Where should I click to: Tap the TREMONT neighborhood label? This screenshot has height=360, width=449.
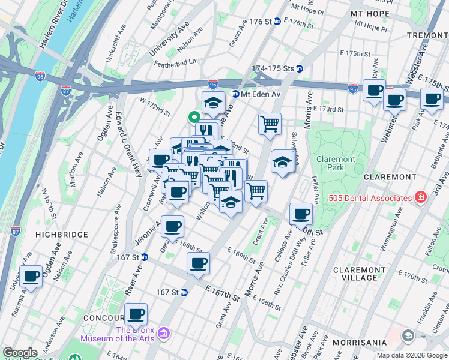click(427, 35)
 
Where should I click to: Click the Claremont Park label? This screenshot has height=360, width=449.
click(337, 164)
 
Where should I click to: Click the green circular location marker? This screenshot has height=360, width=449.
click(194, 118)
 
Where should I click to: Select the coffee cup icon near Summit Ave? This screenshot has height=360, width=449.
click(31, 276)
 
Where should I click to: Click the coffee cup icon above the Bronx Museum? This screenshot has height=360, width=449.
click(136, 313)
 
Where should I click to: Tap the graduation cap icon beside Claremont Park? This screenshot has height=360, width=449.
click(282, 161)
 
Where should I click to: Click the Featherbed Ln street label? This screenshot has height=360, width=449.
click(175, 62)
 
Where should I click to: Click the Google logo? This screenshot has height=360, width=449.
click(20, 353)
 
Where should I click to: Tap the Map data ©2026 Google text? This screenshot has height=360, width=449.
click(412, 355)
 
